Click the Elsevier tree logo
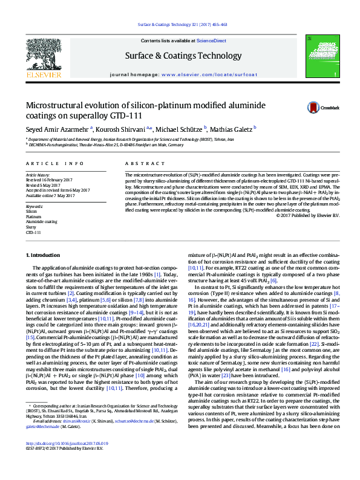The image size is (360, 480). pyautogui.click(x=43, y=58)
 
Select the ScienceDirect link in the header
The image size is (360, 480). pyautogui.click(x=212, y=41)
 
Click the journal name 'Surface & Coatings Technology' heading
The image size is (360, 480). pyautogui.click(x=183, y=56)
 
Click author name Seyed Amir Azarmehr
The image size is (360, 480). pyautogui.click(x=57, y=128)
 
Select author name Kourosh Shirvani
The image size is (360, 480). pyautogui.click(x=122, y=128)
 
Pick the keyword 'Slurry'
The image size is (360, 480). pyautogui.click(x=31, y=227)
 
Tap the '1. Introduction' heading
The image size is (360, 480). pyautogui.click(x=45, y=256)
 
